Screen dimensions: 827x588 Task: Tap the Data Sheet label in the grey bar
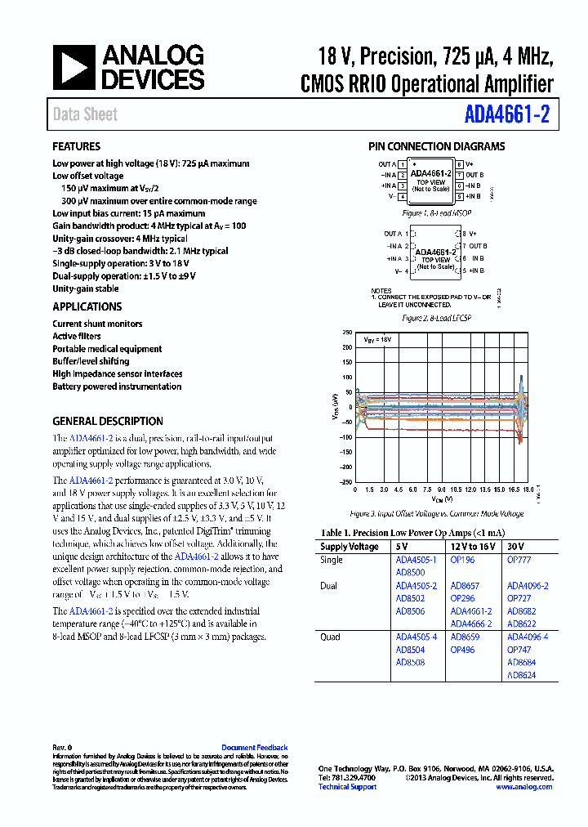pos(85,114)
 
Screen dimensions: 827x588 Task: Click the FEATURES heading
pos(77,147)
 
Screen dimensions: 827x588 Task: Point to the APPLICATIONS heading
pos(87,306)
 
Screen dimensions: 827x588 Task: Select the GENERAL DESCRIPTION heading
pos(108,421)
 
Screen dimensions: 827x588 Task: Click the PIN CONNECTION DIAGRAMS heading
pos(436,147)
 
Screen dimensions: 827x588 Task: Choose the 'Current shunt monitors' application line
pos(97,324)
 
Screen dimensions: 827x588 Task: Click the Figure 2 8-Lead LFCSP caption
pos(437,317)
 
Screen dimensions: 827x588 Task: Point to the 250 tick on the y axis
pos(346,333)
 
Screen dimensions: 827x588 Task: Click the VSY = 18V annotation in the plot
pos(378,338)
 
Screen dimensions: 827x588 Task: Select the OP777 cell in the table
pos(519,561)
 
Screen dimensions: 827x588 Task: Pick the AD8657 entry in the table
pos(465,586)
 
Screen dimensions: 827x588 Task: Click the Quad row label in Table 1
pos(332,637)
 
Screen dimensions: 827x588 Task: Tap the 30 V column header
pos(516,547)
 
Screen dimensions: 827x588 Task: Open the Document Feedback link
pos(254,748)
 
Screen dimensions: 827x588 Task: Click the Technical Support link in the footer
pos(347,786)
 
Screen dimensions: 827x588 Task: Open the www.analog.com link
pos(523,786)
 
